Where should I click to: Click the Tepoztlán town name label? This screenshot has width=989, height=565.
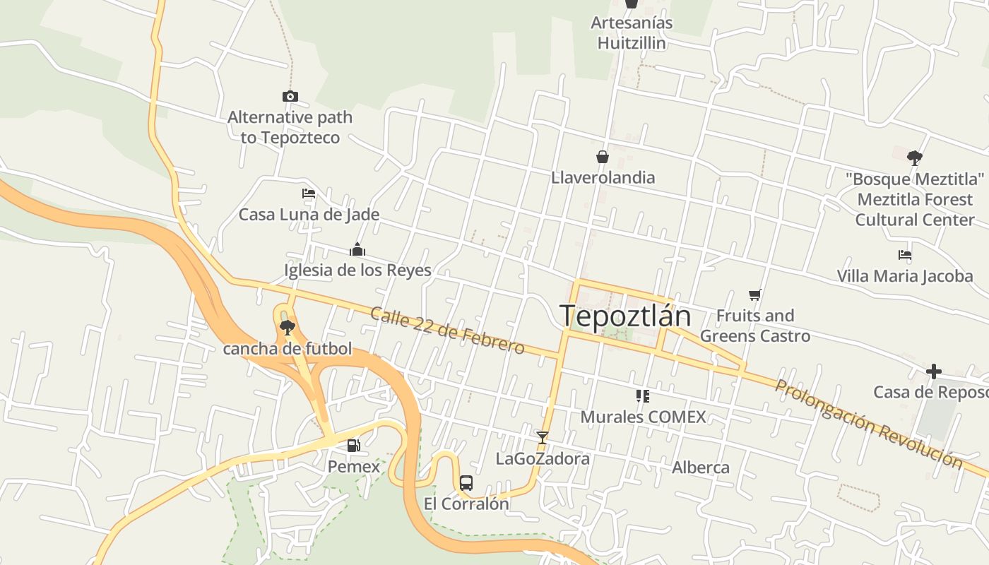[624, 316]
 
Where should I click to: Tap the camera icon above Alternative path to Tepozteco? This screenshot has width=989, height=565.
[290, 96]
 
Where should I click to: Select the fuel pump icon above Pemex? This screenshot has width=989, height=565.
[353, 446]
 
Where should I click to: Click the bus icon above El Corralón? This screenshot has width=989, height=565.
[466, 483]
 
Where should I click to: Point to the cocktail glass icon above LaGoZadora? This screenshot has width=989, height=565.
[542, 438]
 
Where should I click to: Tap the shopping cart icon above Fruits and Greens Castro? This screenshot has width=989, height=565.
[754, 295]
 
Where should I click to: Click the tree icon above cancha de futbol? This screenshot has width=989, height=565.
[287, 327]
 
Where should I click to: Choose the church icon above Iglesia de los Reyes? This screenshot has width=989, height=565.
[357, 249]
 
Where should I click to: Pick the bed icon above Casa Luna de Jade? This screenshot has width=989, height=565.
[309, 194]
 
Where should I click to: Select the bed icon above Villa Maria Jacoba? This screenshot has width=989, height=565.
[905, 255]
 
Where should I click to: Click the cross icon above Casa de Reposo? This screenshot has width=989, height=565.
[934, 371]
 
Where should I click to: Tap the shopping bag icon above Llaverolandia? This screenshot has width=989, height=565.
[603, 156]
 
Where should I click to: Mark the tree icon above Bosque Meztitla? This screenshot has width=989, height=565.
[915, 157]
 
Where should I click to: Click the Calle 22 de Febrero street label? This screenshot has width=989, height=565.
[447, 331]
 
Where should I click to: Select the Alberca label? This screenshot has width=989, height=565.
[700, 468]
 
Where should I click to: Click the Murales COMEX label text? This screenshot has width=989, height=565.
[643, 417]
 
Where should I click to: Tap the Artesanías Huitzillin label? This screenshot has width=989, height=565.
[632, 32]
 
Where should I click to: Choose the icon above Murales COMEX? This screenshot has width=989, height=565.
[642, 395]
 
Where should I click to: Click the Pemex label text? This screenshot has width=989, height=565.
[353, 467]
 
